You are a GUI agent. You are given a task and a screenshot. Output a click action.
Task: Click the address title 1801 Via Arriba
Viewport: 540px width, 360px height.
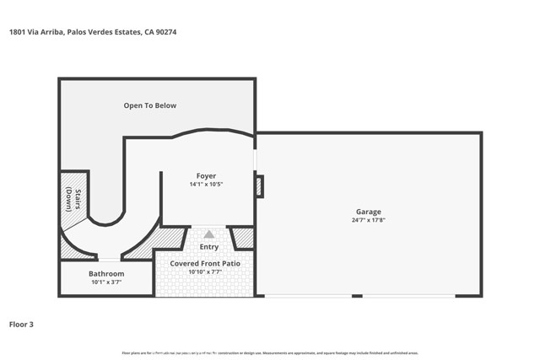(94, 32)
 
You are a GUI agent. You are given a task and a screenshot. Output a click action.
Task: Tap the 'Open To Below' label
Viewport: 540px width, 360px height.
(150, 105)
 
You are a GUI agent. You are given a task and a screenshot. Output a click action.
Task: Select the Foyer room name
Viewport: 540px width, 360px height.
(207, 175)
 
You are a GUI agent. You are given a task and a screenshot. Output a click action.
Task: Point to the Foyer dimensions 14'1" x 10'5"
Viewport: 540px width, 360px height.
(207, 184)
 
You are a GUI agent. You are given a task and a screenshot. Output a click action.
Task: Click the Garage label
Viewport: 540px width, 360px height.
(368, 212)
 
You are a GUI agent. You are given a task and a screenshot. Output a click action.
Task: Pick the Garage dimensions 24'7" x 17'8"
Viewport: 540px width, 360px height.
(368, 220)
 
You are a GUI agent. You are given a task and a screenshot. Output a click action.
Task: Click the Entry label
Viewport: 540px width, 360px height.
(208, 247)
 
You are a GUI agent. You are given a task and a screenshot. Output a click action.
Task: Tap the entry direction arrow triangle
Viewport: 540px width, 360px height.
(208, 234)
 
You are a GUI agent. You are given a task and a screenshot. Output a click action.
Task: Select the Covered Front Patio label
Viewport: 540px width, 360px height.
(205, 264)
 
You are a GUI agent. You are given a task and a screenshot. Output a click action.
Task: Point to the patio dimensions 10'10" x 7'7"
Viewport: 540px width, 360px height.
(205, 272)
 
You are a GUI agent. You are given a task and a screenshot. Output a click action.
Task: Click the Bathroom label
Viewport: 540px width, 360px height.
(106, 274)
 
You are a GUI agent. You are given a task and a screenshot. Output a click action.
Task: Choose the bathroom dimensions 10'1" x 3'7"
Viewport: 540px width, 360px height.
(106, 282)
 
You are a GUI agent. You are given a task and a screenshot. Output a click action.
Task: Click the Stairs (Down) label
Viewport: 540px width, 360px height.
(73, 199)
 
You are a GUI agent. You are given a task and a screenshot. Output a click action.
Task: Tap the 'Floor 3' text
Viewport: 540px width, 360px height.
(21, 324)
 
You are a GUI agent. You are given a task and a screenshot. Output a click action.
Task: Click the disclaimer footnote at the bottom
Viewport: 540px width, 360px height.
(270, 352)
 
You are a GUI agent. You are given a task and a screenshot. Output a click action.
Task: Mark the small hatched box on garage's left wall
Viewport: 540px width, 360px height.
(260, 186)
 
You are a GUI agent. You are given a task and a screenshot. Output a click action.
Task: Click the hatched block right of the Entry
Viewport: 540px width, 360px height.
(243, 239)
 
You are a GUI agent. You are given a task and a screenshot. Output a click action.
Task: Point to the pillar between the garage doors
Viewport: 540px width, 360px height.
(357, 296)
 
